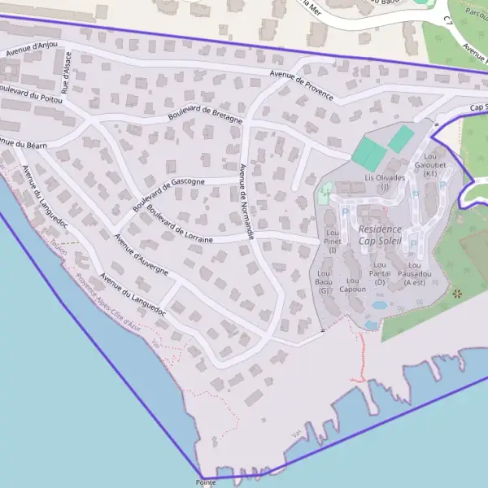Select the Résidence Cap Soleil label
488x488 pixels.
pyautogui.click(x=380, y=236)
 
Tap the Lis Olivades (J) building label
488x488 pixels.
pyautogui.click(x=386, y=181)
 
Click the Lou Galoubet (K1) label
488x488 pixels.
pyautogui.click(x=431, y=164)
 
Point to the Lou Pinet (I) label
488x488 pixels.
pyautogui.click(x=333, y=241)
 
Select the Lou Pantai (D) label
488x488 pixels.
pyautogui.click(x=381, y=272)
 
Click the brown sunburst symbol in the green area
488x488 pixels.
pyautogui.click(x=456, y=292)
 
